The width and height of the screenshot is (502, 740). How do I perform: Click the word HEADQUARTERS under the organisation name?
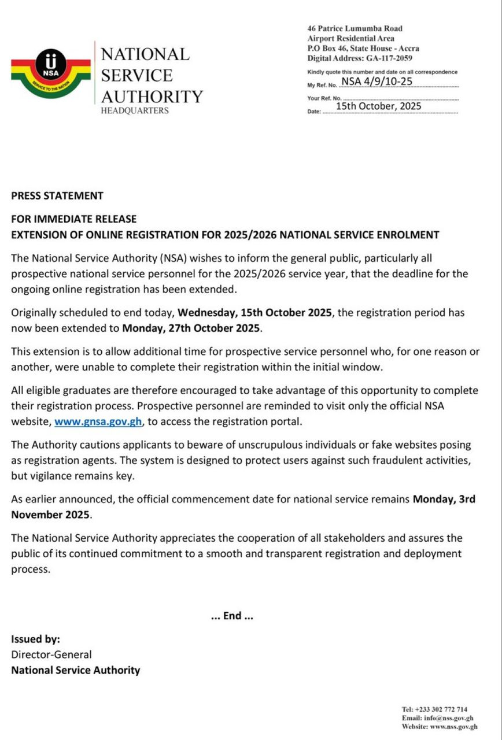click(135, 110)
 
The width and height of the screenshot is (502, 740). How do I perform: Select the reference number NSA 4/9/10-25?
click(377, 81)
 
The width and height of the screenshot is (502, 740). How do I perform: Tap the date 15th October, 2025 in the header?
click(378, 106)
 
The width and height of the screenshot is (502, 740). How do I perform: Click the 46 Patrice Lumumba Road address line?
click(355, 28)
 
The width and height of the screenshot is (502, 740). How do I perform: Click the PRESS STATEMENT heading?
click(57, 195)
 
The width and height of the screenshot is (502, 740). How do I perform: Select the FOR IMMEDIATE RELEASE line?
click(74, 219)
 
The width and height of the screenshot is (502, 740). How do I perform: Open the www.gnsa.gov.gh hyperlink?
click(98, 421)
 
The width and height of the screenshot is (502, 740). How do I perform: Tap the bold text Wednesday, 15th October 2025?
click(255, 313)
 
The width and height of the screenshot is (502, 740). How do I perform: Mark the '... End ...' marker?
click(232, 616)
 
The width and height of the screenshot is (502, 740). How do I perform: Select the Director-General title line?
click(51, 654)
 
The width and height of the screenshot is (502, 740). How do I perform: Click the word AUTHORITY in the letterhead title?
click(152, 96)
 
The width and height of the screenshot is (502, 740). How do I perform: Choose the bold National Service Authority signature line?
click(76, 670)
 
